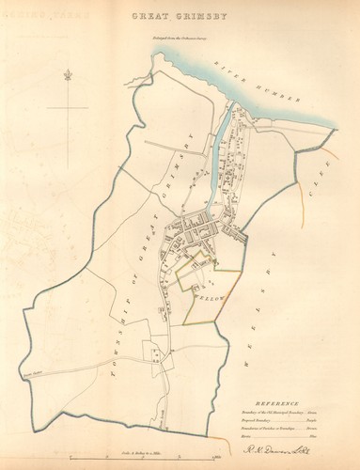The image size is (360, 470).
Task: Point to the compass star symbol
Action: click(68, 75)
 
